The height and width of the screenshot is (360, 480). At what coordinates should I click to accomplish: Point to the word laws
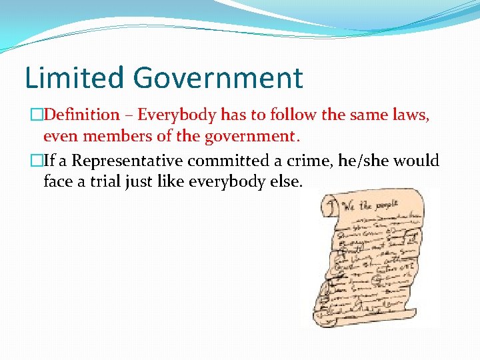[x=410, y=115]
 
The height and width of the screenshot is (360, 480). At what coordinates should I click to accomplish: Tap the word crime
[x=316, y=161]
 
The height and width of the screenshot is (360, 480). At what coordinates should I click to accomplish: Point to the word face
[x=58, y=181]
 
